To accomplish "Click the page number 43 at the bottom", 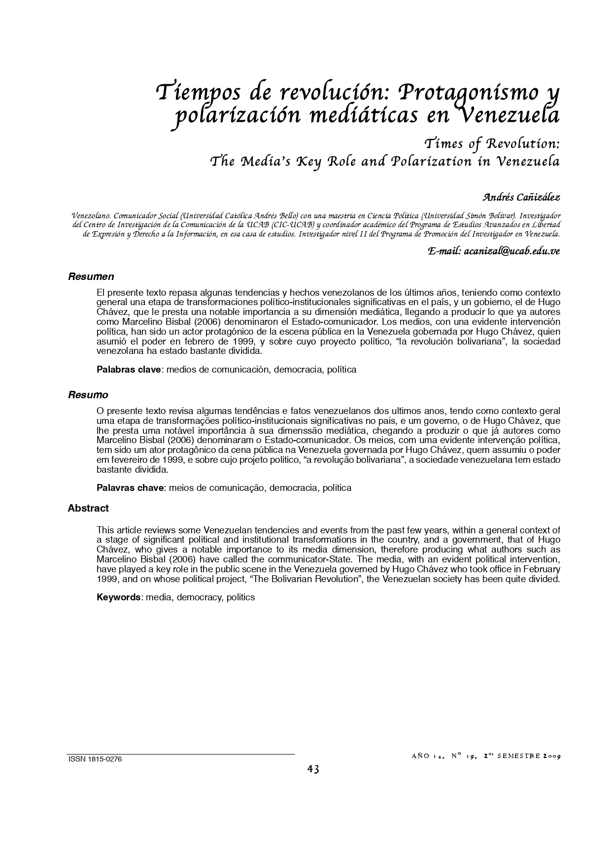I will [x=313, y=769].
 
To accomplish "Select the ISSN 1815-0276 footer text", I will [x=95, y=759].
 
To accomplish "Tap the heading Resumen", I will [x=91, y=277].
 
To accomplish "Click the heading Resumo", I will [x=88, y=395].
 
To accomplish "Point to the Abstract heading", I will [x=88, y=508].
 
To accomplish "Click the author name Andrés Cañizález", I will [x=521, y=198].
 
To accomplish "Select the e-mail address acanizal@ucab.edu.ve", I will [x=512, y=251].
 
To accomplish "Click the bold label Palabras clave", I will [x=129, y=369].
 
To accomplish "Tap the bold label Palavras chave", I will [x=130, y=488].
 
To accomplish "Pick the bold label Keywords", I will [x=118, y=597].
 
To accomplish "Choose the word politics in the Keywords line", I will [x=240, y=597].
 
